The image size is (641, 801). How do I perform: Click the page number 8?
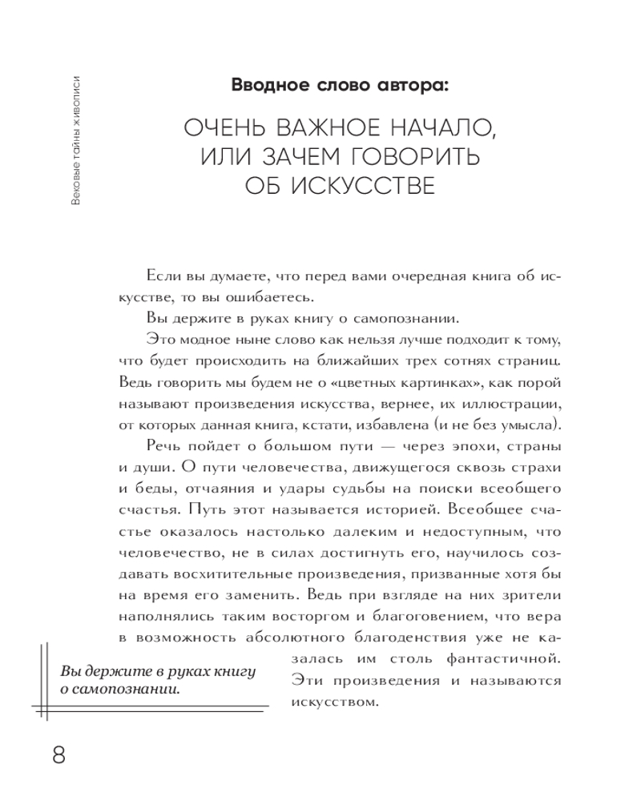pyautogui.click(x=58, y=755)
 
